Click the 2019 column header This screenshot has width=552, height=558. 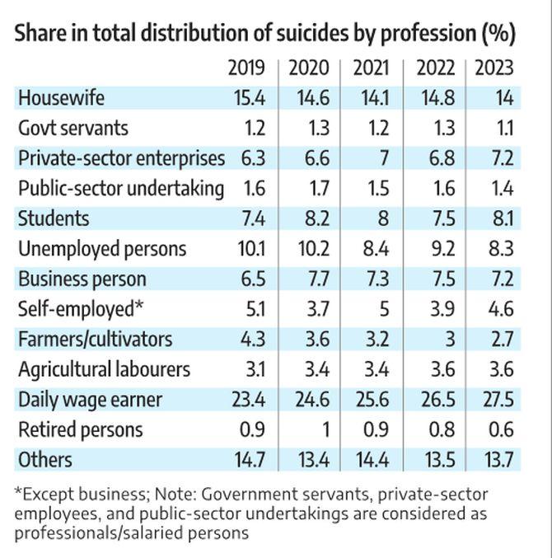coord(246,68)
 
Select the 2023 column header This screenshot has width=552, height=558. coord(494,68)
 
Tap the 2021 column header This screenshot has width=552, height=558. coord(372,68)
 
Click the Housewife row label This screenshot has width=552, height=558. coord(62,98)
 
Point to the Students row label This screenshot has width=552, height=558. coord(54,218)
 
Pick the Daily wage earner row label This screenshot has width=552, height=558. coord(91,400)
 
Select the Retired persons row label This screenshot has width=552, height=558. coord(81,429)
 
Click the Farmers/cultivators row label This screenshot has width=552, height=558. coord(96,339)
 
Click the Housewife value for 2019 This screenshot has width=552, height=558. coord(249,98)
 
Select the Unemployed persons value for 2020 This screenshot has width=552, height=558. coord(312,249)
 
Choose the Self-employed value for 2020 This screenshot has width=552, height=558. coord(316,309)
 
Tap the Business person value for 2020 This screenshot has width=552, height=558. coord(316,279)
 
